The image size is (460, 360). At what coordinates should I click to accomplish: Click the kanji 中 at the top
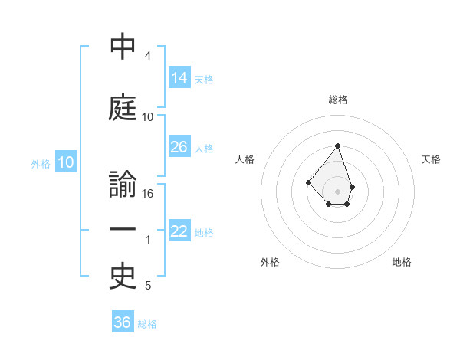point(123,47)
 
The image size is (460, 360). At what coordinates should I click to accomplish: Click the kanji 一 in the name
point(123,230)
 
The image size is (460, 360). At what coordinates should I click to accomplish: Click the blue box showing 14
point(179,77)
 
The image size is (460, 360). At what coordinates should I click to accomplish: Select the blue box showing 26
point(179,147)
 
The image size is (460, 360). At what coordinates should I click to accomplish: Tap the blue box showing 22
point(179,231)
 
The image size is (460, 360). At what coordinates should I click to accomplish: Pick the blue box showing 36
point(123,322)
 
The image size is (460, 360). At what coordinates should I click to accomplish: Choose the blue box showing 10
point(66,162)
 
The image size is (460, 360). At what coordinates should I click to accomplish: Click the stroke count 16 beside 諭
point(149,193)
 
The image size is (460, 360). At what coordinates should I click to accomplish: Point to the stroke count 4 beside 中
point(148,56)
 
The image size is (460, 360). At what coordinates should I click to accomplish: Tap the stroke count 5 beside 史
point(148,286)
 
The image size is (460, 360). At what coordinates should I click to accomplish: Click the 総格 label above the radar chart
point(338,100)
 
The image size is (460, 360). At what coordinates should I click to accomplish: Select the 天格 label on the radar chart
point(431,159)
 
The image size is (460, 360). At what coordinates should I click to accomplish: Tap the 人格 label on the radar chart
point(245,159)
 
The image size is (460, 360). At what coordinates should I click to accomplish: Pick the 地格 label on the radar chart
point(402,262)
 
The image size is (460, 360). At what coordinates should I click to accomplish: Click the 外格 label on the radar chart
point(270,262)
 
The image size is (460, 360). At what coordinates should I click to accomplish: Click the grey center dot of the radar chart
point(338,191)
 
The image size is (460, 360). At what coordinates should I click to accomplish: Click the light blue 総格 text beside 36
point(147,324)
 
